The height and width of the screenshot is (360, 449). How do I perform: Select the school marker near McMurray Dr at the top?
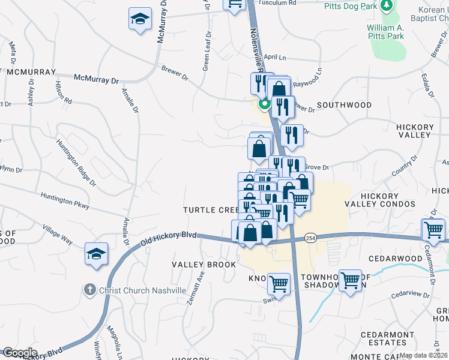[140, 19]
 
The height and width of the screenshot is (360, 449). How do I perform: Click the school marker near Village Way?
[96, 253]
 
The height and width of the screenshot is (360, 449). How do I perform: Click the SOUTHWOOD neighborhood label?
[344, 105]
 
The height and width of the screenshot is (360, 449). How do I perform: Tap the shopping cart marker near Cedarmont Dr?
[433, 229]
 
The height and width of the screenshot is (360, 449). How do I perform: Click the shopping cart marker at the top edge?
[235, 4]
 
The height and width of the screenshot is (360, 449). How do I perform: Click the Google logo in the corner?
[19, 353]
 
